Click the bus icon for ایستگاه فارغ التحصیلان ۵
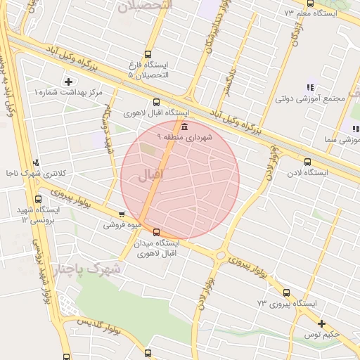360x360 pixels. [147, 53]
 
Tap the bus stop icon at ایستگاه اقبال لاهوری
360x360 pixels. [156, 102]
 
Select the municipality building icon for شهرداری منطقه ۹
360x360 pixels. [184, 127]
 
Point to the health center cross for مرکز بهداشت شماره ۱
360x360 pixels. [67, 82]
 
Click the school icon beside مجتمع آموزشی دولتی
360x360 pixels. [310, 87]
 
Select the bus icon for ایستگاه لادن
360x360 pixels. [307, 161]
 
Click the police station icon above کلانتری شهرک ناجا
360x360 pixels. [37, 162]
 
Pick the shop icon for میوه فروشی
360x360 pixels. [122, 214]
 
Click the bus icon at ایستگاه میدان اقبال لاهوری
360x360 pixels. [156, 232]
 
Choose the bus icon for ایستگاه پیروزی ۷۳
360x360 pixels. [285, 292]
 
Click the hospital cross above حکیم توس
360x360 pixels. [321, 323]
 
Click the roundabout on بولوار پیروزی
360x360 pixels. [221, 256]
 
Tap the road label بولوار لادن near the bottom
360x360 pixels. [207, 296]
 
